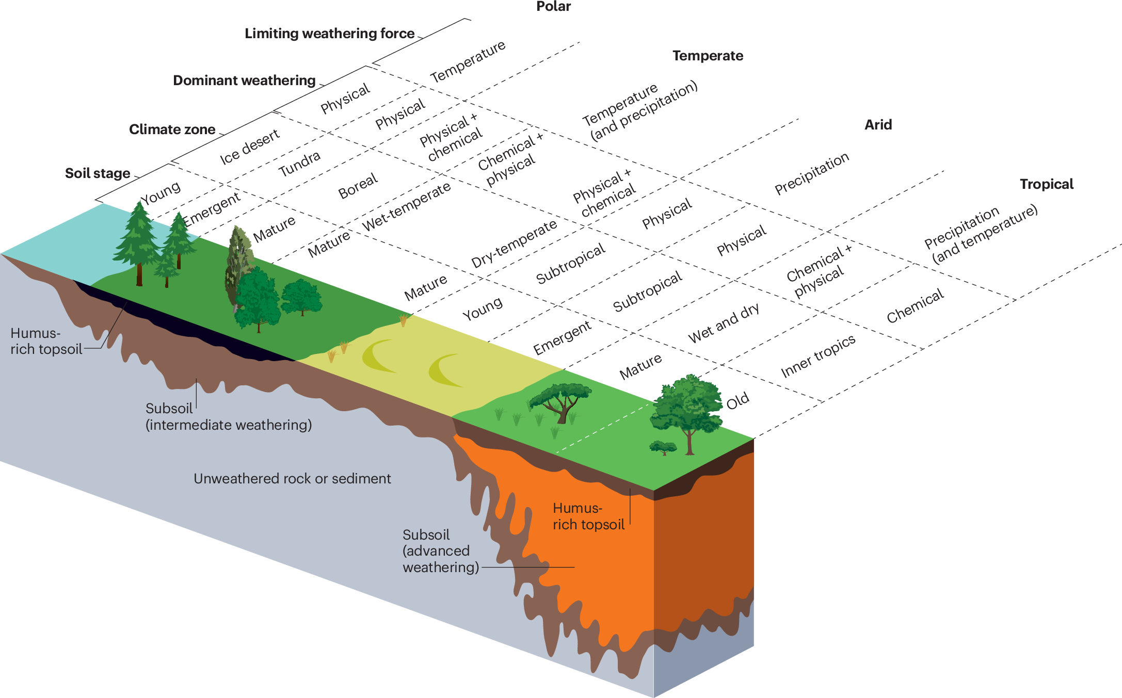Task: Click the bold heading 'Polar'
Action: (x=553, y=7)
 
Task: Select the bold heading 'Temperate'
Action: (x=708, y=56)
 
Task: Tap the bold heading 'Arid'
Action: (x=878, y=125)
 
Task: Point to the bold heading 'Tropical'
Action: (x=1046, y=184)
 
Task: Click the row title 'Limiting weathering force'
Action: (x=329, y=34)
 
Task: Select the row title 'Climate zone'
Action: (x=172, y=129)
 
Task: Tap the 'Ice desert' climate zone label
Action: (x=250, y=147)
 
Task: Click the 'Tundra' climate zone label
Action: (x=299, y=164)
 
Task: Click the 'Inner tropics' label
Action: (x=818, y=356)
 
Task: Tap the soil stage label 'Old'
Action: (x=738, y=401)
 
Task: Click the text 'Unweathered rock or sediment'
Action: (x=292, y=479)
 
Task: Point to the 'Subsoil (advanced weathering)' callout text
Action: (x=440, y=551)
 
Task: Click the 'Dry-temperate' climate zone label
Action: (x=514, y=244)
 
